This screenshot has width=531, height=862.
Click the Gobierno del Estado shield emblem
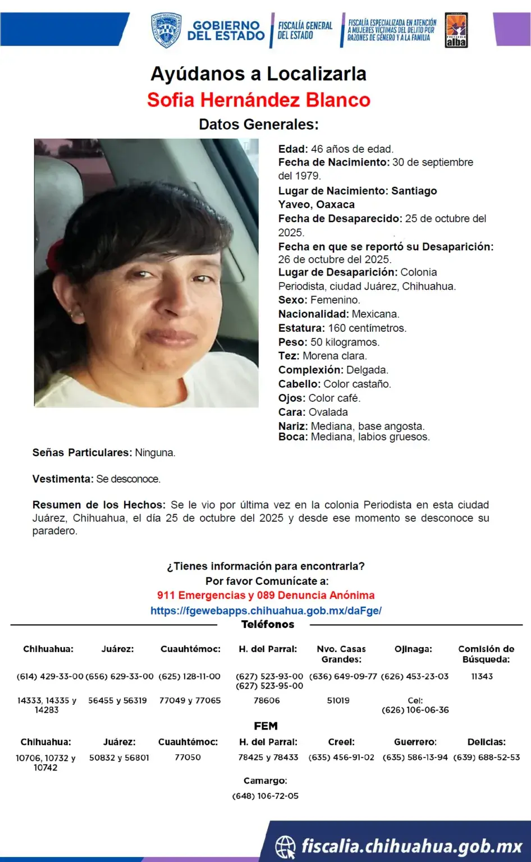click(166, 30)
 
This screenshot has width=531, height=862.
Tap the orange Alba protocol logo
click(456, 30)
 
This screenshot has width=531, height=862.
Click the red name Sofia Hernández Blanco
click(259, 100)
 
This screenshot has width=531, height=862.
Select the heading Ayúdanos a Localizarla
click(259, 74)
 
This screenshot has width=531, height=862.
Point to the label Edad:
click(293, 149)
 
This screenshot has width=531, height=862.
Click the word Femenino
click(335, 300)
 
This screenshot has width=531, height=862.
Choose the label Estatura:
click(301, 328)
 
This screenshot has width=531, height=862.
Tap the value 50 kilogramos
click(345, 342)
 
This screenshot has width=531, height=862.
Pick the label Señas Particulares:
click(82, 453)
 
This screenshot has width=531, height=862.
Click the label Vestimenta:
click(63, 479)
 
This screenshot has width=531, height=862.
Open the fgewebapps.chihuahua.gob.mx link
click(266, 611)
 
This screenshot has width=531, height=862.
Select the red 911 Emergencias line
click(266, 595)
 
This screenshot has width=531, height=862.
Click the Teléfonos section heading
click(268, 625)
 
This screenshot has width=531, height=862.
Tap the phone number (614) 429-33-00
click(50, 677)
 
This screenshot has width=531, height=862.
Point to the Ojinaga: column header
click(413, 649)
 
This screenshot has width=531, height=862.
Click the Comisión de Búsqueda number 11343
click(482, 677)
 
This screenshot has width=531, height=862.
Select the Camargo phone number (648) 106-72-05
click(265, 796)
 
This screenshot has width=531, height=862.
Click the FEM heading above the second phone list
click(265, 726)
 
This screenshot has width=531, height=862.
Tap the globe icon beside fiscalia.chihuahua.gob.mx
click(286, 846)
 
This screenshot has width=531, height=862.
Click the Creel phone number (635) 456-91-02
click(341, 758)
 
